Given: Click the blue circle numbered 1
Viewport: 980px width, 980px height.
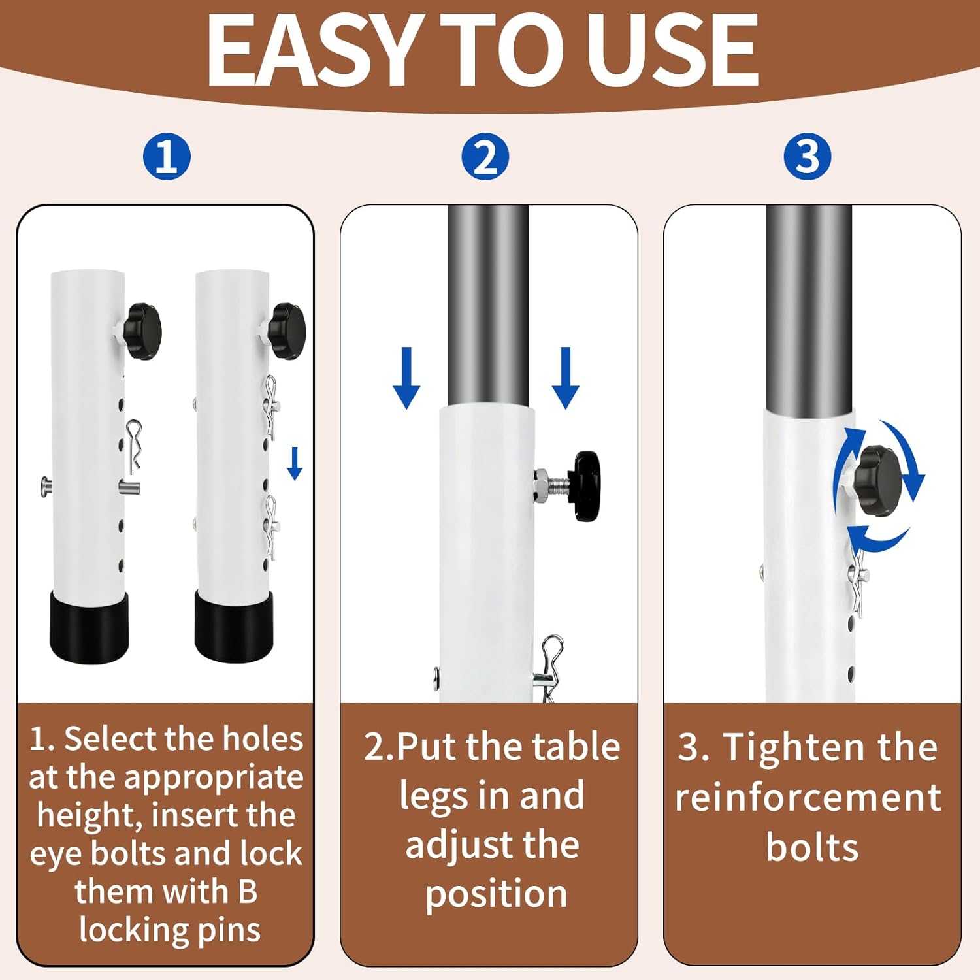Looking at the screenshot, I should click(167, 157).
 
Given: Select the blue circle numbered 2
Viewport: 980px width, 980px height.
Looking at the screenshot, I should click(485, 157).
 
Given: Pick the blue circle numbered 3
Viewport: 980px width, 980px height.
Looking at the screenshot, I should click(808, 157).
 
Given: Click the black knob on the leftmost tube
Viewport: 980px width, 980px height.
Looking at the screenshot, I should click(143, 331).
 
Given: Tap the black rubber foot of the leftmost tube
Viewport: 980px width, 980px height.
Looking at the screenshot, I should click(89, 627).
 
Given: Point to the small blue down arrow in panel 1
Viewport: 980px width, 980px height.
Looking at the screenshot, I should click(295, 463).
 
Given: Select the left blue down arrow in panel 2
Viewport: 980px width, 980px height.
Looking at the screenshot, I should click(406, 378).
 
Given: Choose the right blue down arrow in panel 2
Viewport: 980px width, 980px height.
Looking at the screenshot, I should click(565, 378).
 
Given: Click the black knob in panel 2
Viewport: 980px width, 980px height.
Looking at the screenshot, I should click(587, 486).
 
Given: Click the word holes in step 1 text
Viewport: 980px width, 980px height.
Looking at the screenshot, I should click(263, 739).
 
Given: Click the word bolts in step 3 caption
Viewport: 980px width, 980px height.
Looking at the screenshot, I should click(811, 847).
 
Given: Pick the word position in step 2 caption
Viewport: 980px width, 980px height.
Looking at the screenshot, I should click(496, 894).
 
